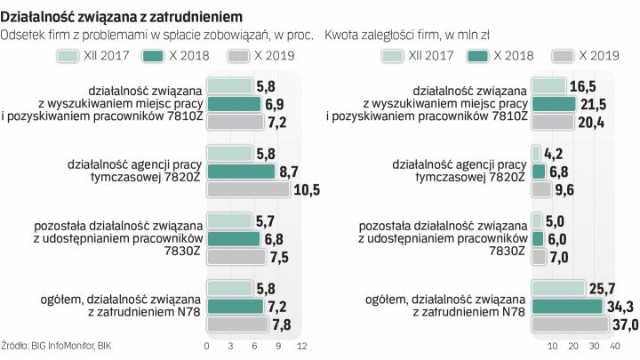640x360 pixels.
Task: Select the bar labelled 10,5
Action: [248, 188]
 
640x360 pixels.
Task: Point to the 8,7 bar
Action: [241, 171]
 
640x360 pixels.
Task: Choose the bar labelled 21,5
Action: [553, 104]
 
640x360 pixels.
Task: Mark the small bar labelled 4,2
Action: [536, 154]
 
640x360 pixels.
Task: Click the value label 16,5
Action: [581, 87]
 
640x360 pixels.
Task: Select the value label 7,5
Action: [279, 256]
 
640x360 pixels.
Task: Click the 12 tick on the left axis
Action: [301, 345]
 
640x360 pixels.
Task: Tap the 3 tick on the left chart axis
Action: [231, 345]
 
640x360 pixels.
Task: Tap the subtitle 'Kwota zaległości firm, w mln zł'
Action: [407, 36]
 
